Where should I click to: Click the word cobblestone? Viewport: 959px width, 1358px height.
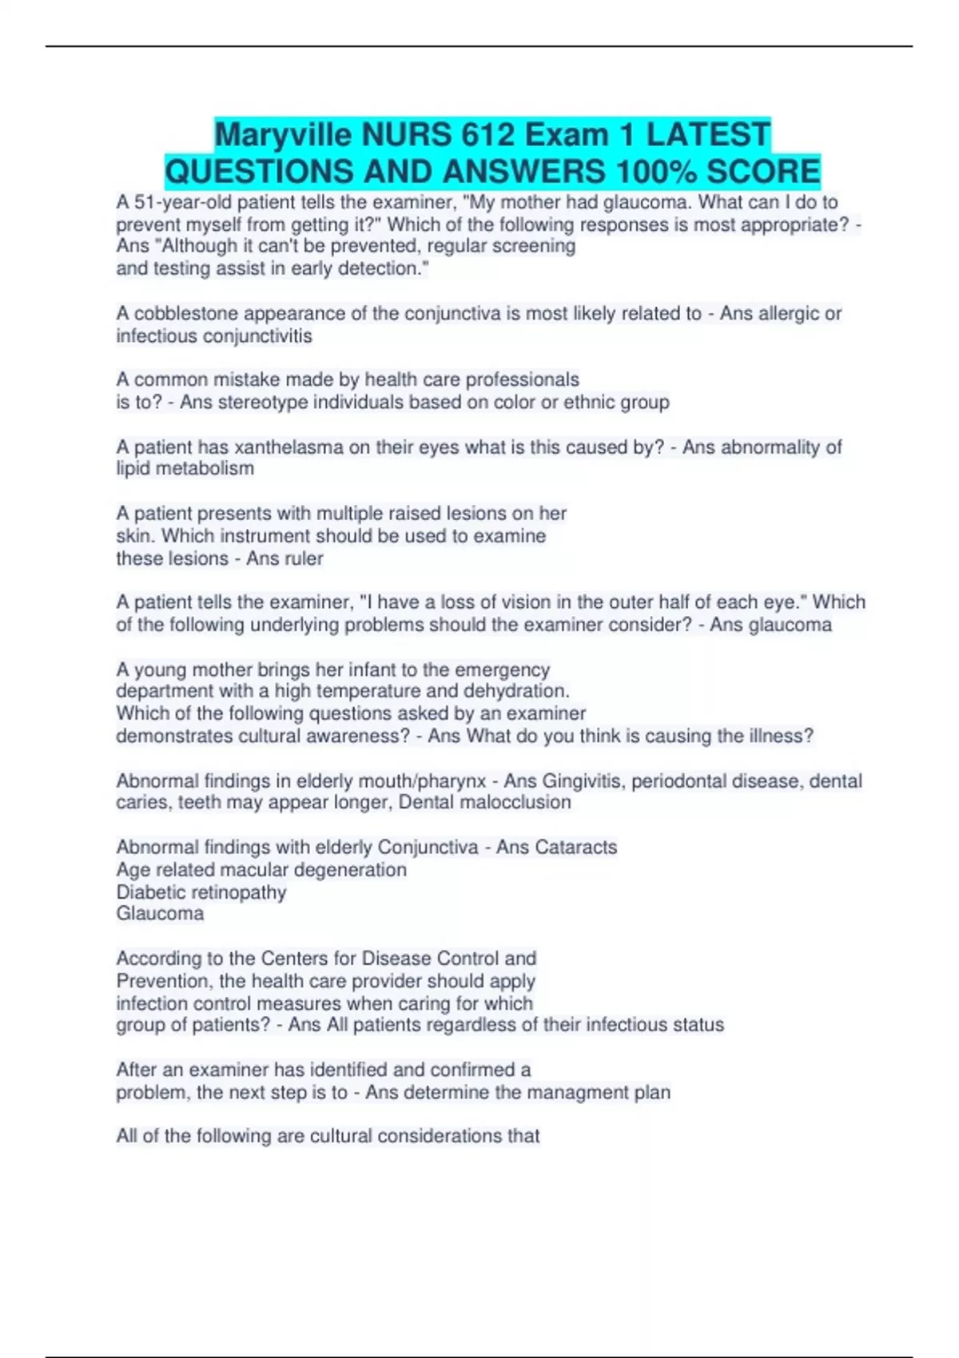185,314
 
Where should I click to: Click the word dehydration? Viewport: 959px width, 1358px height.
501,691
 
